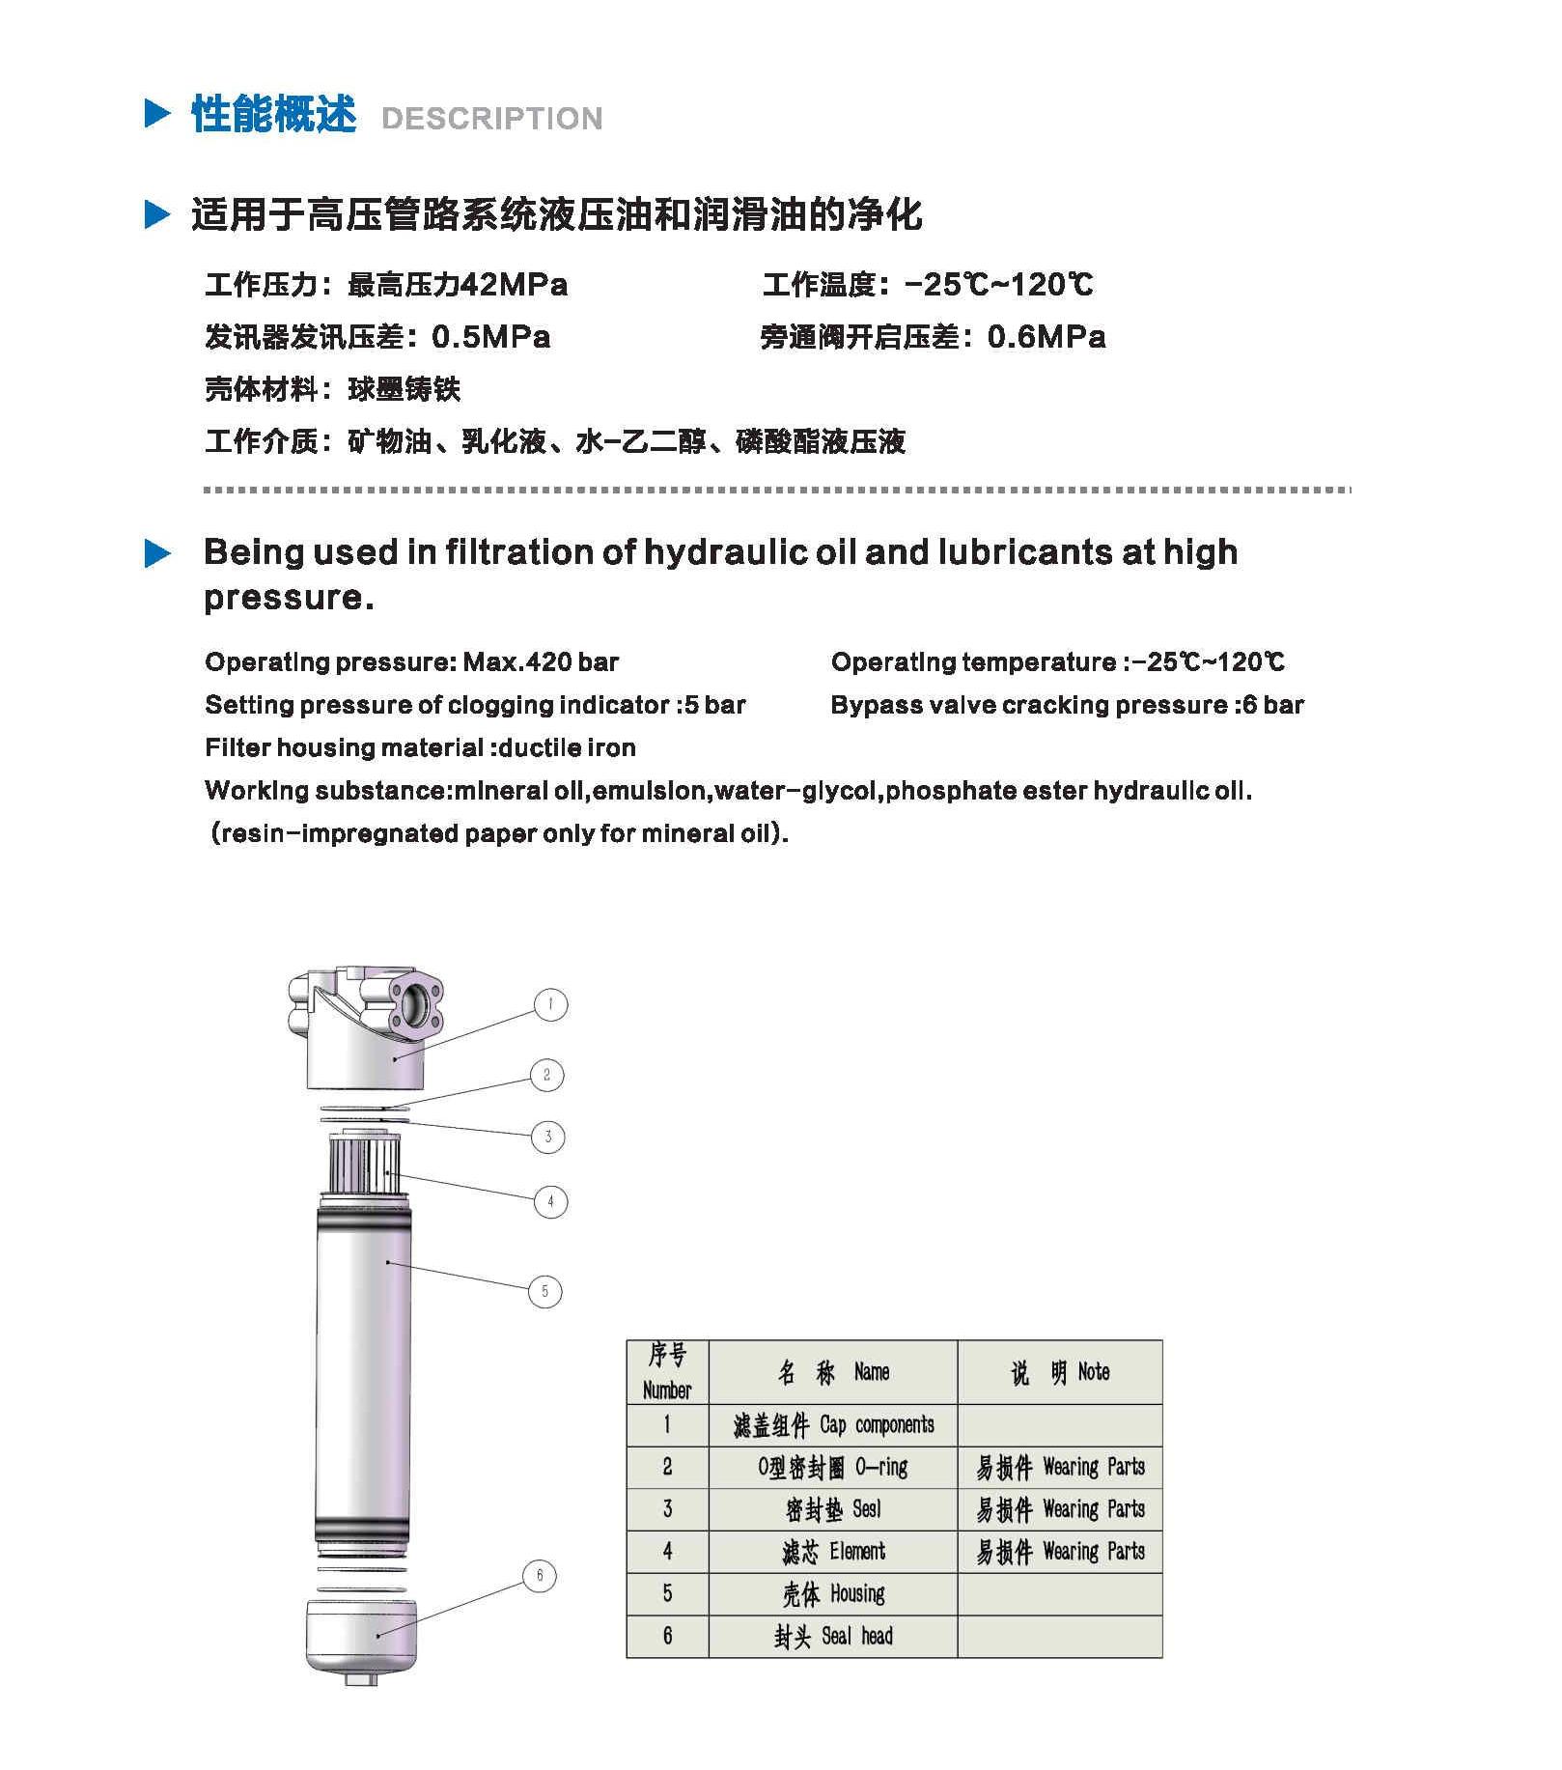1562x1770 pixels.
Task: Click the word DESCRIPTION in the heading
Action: (492, 118)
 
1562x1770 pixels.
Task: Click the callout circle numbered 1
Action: (550, 1004)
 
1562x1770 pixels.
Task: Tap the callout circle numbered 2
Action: (546, 1075)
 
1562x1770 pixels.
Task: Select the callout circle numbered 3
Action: (548, 1137)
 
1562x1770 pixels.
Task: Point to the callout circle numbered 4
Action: (550, 1201)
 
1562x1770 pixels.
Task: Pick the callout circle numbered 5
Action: (544, 1291)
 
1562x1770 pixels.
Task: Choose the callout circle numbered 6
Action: (540, 1576)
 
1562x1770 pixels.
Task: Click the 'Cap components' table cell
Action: (833, 1425)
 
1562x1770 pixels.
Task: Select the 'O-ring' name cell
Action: (833, 1468)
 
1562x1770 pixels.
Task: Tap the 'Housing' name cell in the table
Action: (833, 1594)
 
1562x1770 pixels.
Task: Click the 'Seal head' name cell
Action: (833, 1637)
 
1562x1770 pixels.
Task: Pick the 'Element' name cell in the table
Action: (833, 1552)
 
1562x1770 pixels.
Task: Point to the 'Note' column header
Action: (1060, 1372)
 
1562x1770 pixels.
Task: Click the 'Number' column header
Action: (667, 1372)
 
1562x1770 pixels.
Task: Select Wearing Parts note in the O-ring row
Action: (1060, 1468)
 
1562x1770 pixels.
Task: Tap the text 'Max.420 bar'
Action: (541, 662)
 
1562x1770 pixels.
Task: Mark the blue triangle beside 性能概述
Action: (157, 114)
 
